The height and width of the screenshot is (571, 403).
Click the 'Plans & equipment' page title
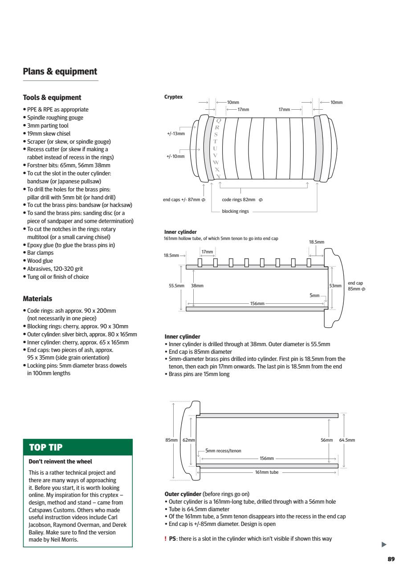coord(60,71)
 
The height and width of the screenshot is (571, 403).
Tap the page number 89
coord(391,559)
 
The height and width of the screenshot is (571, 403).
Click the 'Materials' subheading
coord(37,299)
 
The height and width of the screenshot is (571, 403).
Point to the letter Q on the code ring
coord(218,120)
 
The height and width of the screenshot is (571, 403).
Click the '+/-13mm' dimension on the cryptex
coord(175,133)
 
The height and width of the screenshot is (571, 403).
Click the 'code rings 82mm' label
coord(242,199)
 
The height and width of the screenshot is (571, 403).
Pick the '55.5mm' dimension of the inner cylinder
coord(175,285)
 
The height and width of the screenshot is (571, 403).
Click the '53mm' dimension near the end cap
coord(335,285)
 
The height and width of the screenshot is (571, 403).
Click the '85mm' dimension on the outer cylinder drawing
coord(171,440)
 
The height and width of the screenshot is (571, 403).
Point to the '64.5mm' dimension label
coord(347,440)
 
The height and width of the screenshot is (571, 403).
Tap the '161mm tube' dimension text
coord(267,472)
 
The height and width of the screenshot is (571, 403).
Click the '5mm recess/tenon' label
coord(223,451)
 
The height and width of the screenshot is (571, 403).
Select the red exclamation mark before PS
coord(166,539)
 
